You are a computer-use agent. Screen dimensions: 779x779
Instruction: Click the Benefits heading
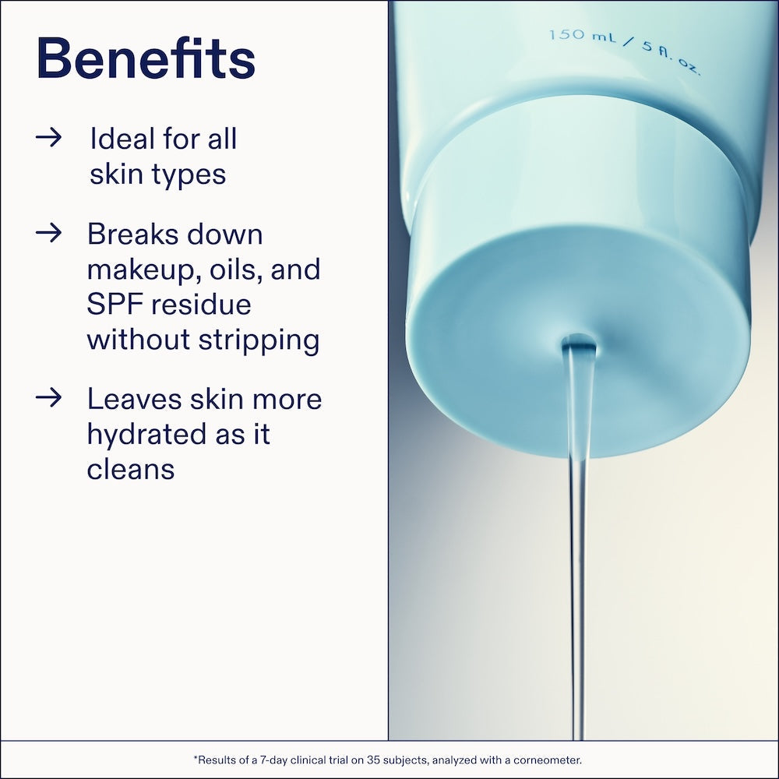[x=146, y=58]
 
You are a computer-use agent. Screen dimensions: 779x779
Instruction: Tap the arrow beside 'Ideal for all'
[x=48, y=138]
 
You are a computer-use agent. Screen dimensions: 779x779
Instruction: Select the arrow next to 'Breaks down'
[x=48, y=232]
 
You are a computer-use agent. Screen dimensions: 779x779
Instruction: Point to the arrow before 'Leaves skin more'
[x=48, y=397]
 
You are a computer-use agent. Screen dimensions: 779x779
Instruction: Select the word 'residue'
[x=201, y=304]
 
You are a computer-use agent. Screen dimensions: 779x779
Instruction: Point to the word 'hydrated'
[x=147, y=434]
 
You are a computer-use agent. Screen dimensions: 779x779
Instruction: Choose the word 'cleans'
[x=131, y=469]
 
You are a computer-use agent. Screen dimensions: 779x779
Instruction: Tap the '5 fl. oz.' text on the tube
[x=671, y=58]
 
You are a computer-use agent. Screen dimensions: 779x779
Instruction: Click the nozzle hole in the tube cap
[x=579, y=342]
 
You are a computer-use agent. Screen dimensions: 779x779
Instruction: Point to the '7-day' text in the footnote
[x=273, y=760]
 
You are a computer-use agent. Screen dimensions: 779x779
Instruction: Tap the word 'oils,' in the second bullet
[x=236, y=270]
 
